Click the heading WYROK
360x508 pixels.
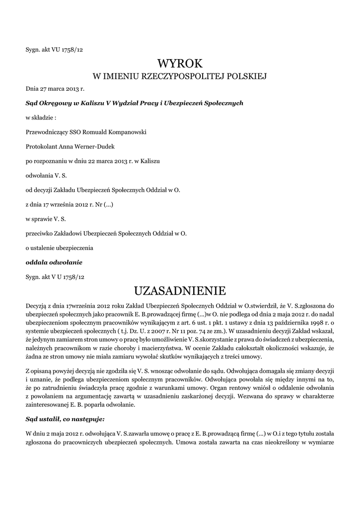tap(180, 63)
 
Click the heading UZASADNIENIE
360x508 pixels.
tap(180, 290)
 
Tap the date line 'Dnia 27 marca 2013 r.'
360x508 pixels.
tap(55, 89)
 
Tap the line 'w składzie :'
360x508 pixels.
tap(41, 118)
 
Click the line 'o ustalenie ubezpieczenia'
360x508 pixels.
tap(59, 247)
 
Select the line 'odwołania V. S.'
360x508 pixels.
tap(45, 175)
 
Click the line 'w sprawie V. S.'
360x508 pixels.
tap(46, 218)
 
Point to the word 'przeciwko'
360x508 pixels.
tap(40, 232)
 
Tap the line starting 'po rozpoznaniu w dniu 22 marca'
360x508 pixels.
tap(92, 161)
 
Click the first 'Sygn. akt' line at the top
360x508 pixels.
tap(54, 49)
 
